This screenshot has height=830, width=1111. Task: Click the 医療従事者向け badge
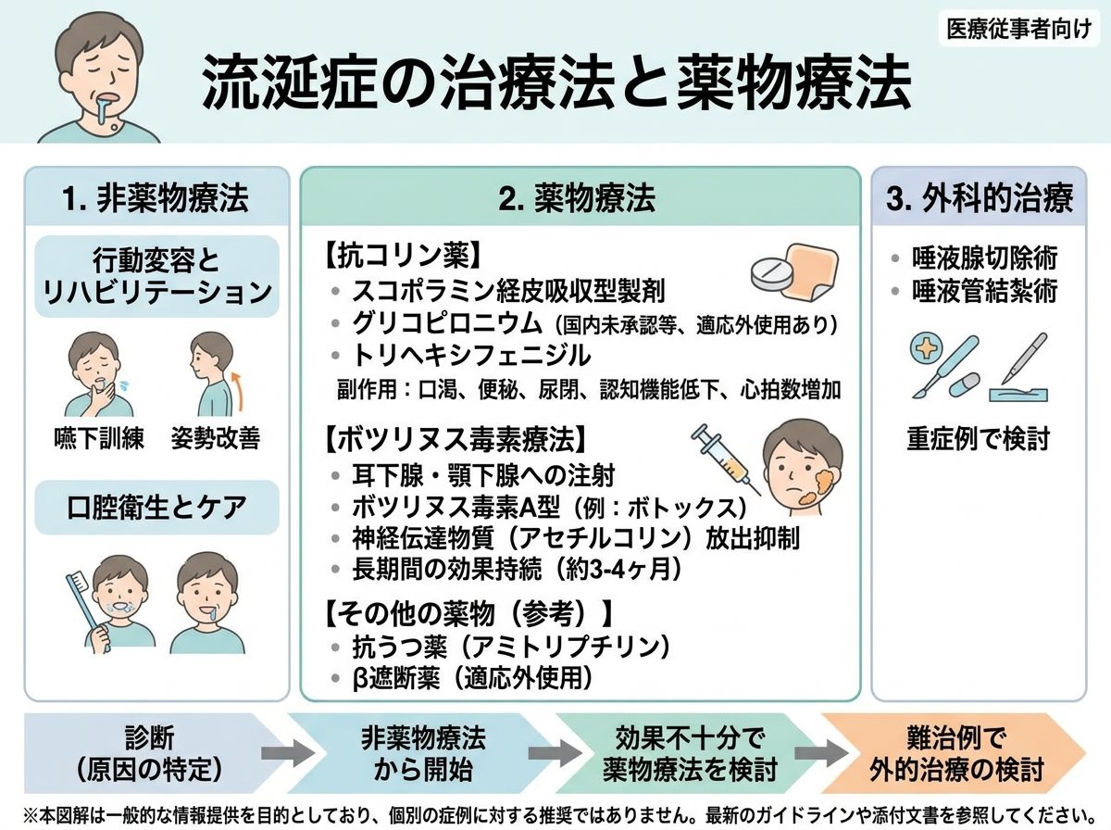pyautogui.click(x=1019, y=30)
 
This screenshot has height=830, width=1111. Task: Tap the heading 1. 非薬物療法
pyautogui.click(x=156, y=198)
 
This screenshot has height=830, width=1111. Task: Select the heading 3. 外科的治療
pyautogui.click(x=980, y=198)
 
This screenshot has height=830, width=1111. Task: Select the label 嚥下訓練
pyautogui.click(x=99, y=438)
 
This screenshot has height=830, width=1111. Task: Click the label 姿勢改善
pyautogui.click(x=216, y=438)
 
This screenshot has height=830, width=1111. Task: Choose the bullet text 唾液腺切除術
pyautogui.click(x=984, y=258)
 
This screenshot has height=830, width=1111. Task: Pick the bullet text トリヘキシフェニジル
pyautogui.click(x=471, y=355)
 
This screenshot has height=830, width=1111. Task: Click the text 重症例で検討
pyautogui.click(x=978, y=438)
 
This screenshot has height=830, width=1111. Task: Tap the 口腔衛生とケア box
pyautogui.click(x=156, y=507)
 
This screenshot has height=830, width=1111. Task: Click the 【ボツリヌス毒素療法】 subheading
pyautogui.click(x=456, y=439)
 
